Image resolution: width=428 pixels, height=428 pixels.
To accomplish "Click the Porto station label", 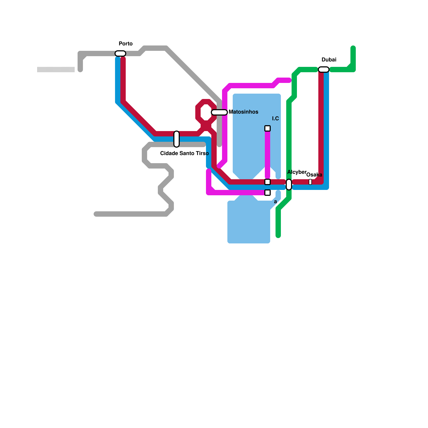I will point(125,44).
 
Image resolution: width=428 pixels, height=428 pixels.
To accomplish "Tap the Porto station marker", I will point(120,53).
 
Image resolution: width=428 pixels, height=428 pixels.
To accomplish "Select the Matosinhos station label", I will point(243,112).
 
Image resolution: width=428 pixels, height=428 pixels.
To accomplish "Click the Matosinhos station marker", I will point(219,112).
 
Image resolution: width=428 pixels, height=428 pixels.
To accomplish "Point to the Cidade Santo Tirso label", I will point(184,153).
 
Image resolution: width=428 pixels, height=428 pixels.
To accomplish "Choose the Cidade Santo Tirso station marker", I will point(177,139).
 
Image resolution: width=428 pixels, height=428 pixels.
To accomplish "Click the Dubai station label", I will point(329,60).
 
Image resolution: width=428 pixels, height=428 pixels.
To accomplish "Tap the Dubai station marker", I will point(324,70).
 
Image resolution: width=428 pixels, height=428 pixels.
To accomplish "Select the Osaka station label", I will point(314,175).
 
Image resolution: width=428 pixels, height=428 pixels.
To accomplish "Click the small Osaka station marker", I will point(310,182).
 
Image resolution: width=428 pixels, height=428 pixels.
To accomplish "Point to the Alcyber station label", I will point(297,172).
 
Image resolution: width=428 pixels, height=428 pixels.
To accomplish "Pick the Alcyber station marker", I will point(289,185).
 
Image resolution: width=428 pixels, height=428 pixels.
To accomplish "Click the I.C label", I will point(275,119).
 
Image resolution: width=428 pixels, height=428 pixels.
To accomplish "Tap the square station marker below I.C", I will point(267,128).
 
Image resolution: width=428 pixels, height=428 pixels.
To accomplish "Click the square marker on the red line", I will point(267,182).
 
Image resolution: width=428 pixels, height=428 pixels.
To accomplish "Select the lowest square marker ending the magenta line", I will point(267,193).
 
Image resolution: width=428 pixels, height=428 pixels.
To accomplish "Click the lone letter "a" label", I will point(275,202).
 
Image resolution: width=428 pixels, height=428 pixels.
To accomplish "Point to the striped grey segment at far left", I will point(56,70).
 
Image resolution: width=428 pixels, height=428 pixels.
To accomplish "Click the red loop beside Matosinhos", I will point(206,112).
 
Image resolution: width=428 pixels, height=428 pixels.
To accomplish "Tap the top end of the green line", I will point(353,48).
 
